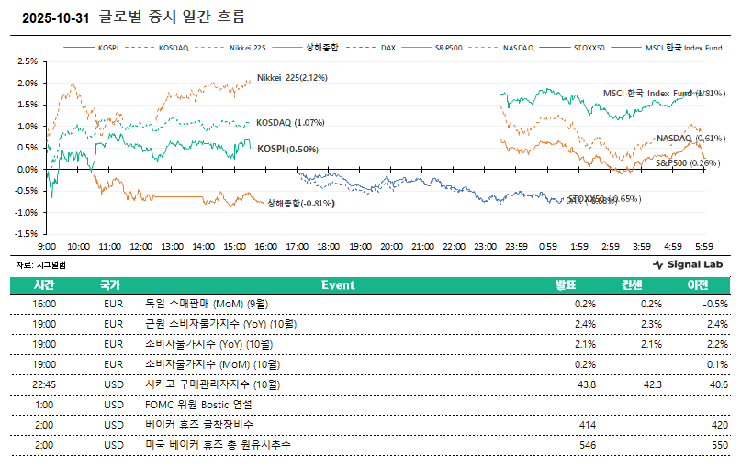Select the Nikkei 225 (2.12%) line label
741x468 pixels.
click(x=292, y=78)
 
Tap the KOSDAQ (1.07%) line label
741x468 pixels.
click(x=290, y=123)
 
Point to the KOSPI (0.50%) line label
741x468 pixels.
click(x=286, y=149)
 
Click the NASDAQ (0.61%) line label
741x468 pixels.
click(x=690, y=139)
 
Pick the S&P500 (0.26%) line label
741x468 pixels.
click(x=687, y=162)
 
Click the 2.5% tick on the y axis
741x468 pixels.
click(x=27, y=61)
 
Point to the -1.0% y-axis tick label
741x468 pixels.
click(x=26, y=212)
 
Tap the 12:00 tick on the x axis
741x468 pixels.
click(x=140, y=247)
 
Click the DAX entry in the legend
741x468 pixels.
click(x=388, y=46)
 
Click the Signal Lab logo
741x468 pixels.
click(x=688, y=264)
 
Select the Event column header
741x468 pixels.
click(x=338, y=285)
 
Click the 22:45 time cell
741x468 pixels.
click(x=45, y=384)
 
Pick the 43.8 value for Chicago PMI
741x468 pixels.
click(x=584, y=384)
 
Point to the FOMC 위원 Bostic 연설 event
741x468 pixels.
click(x=198, y=405)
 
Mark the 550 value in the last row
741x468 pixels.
click(x=719, y=445)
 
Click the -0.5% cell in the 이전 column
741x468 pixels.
click(x=715, y=304)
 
